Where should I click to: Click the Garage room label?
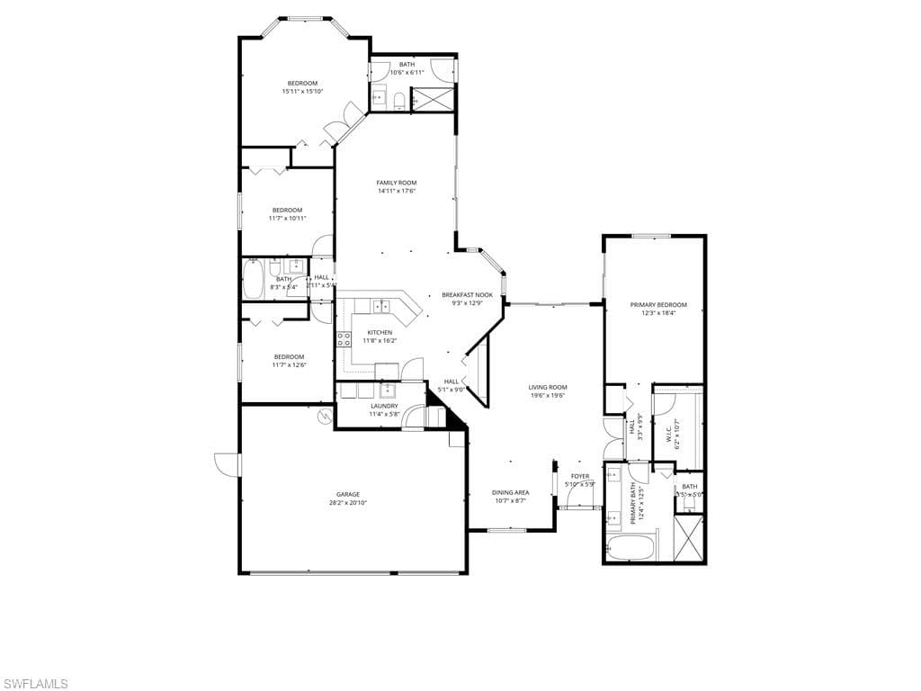pyautogui.click(x=348, y=494)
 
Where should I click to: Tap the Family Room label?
pyautogui.click(x=396, y=183)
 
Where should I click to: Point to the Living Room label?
pyautogui.click(x=547, y=387)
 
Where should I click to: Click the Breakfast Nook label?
pyautogui.click(x=467, y=295)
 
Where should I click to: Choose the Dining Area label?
pyautogui.click(x=509, y=492)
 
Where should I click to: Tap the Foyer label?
pyautogui.click(x=580, y=476)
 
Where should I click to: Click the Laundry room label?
pyautogui.click(x=384, y=406)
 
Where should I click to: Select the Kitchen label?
pyautogui.click(x=380, y=333)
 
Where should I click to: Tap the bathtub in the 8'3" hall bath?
pyautogui.click(x=253, y=279)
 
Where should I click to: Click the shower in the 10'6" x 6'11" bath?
pyautogui.click(x=434, y=98)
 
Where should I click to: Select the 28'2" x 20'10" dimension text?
pyautogui.click(x=348, y=503)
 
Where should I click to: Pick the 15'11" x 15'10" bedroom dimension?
pyautogui.click(x=302, y=91)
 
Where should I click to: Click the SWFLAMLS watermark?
pyautogui.click(x=35, y=684)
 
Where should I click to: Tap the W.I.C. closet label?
pyautogui.click(x=669, y=435)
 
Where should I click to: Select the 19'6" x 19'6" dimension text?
pyautogui.click(x=547, y=395)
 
